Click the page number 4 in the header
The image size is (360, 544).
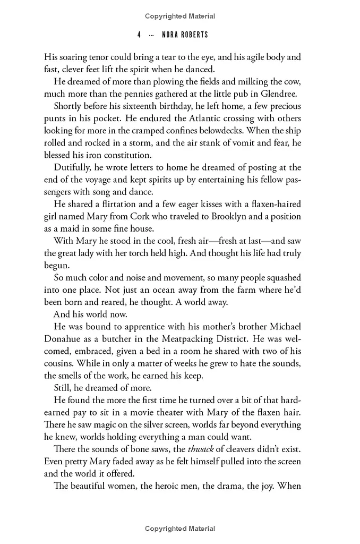pos(139,35)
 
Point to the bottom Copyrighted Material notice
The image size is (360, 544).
pos(180,529)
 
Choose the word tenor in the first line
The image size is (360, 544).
pos(104,56)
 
